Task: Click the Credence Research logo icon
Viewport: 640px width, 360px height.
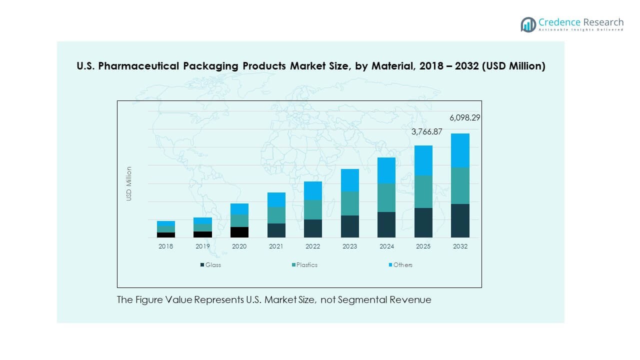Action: (x=528, y=24)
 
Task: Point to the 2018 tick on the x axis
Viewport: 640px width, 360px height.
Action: (x=165, y=246)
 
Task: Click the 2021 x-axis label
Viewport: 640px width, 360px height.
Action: (x=276, y=246)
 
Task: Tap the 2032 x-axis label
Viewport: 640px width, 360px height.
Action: (x=460, y=246)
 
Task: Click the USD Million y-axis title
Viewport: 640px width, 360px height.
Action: (x=129, y=183)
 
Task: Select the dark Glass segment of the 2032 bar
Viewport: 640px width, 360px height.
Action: (x=460, y=220)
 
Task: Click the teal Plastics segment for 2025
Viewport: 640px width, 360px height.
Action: (x=423, y=191)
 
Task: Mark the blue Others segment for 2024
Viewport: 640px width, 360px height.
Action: (x=386, y=170)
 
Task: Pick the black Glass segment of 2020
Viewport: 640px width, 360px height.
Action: (x=239, y=232)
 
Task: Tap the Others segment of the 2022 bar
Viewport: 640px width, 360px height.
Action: (x=313, y=190)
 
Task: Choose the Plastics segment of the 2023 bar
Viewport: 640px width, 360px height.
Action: (x=350, y=203)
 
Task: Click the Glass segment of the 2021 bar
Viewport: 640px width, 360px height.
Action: (x=276, y=230)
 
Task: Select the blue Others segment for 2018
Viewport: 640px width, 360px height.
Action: (x=165, y=223)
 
